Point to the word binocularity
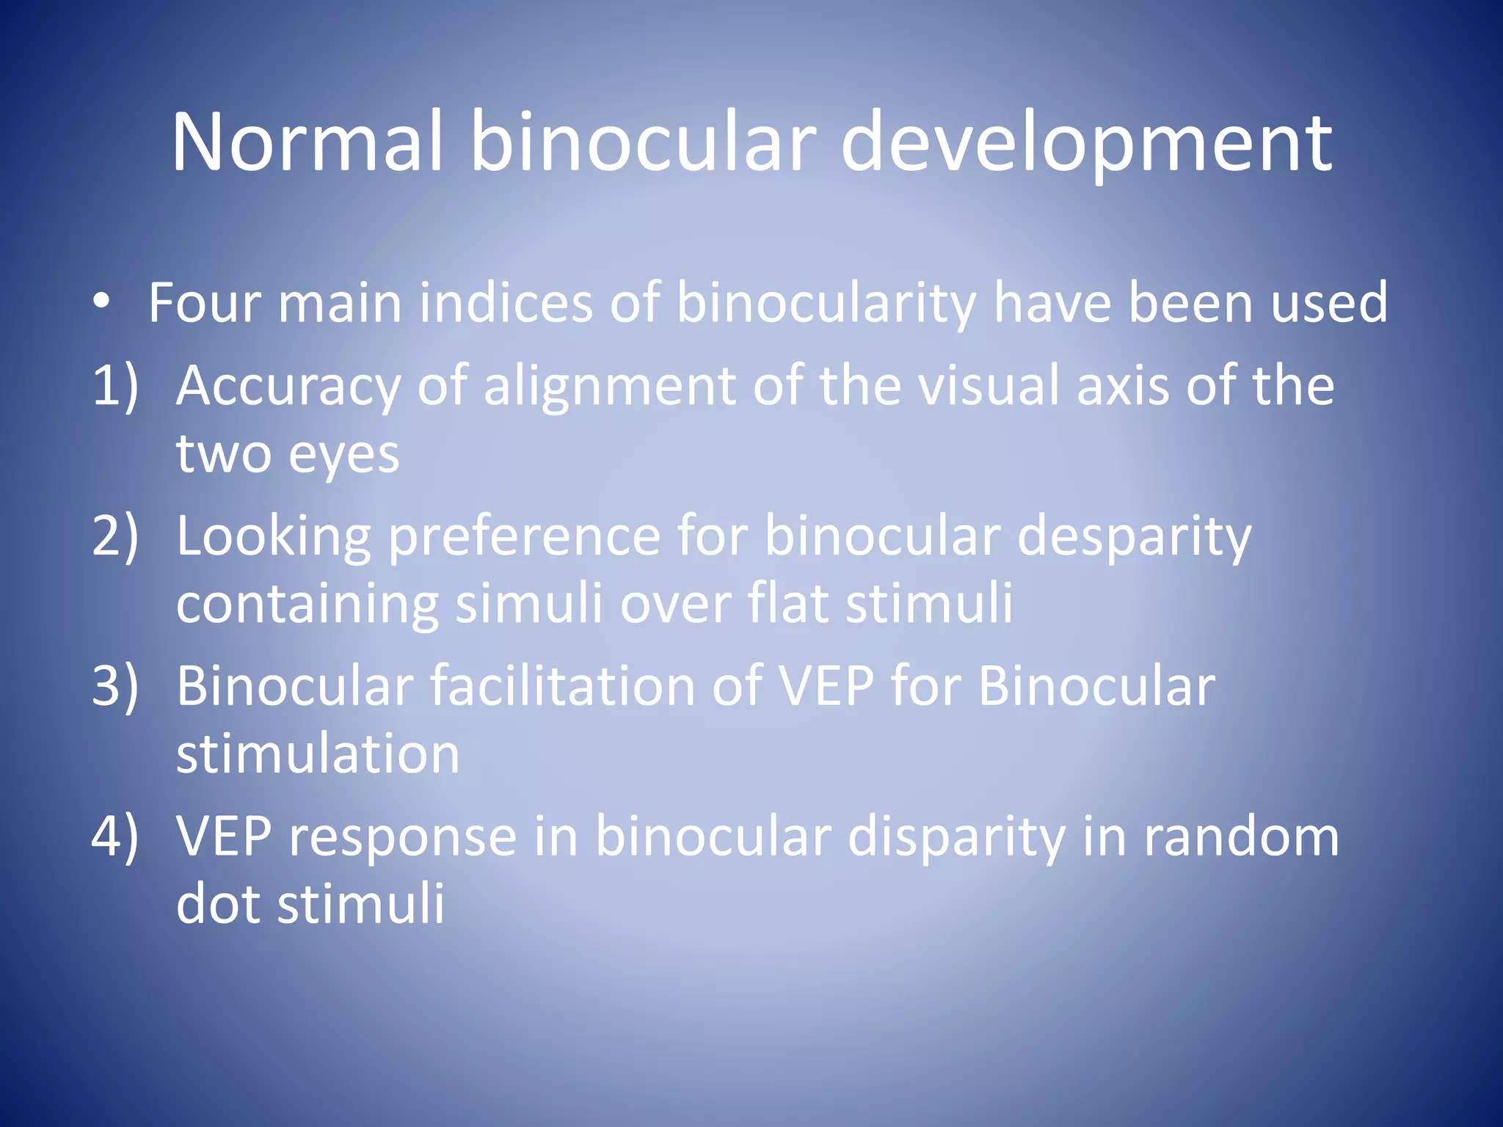pos(826,304)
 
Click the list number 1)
pos(115,385)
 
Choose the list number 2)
pos(115,536)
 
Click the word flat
pos(788,603)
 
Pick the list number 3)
pos(115,686)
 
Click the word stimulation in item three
pos(318,754)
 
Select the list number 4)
pos(115,836)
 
